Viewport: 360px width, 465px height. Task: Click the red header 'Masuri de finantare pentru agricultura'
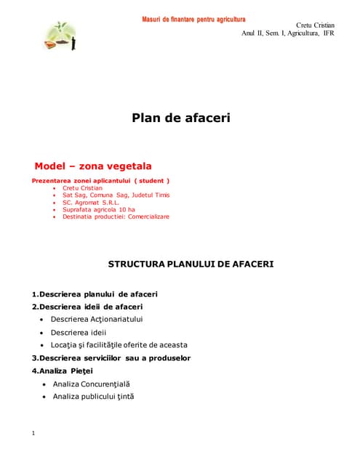coord(193,18)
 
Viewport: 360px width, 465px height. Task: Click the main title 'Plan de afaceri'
coord(180,117)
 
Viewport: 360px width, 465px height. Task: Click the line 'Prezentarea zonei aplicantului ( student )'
coord(101,180)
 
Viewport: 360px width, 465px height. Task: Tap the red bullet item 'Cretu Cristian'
coord(82,188)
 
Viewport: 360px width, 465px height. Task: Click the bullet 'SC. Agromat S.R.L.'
coord(91,203)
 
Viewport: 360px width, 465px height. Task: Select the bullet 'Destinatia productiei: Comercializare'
coord(116,217)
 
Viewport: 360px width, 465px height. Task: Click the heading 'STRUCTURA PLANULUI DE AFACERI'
coord(191,264)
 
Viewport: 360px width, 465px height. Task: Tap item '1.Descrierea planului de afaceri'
coord(95,294)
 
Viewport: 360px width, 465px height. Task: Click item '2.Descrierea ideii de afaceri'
coord(87,307)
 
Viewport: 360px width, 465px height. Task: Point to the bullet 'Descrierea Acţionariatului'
coord(97,319)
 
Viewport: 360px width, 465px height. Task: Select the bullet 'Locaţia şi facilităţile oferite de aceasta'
coord(119,344)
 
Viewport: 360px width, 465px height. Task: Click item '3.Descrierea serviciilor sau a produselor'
coord(111,357)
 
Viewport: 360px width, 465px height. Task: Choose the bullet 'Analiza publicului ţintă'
coord(94,396)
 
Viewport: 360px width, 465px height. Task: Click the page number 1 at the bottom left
coord(33,434)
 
